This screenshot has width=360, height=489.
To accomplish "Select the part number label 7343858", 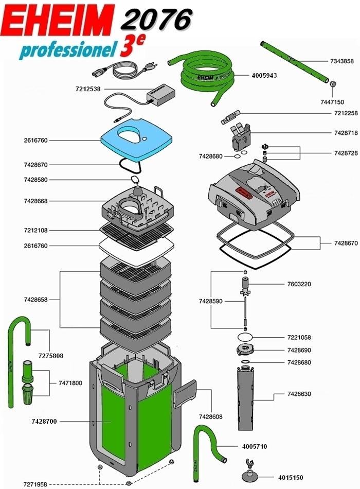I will (341, 61).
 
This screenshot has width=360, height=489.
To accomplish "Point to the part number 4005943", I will (264, 75).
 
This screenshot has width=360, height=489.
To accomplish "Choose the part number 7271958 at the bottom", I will (35, 484).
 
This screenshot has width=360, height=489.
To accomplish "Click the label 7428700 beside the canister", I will (44, 422).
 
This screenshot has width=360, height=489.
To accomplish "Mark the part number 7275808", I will (50, 356).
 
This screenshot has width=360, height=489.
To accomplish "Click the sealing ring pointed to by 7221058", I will (246, 337).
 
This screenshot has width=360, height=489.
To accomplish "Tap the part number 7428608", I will (210, 416).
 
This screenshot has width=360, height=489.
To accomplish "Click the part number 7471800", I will (70, 382).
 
